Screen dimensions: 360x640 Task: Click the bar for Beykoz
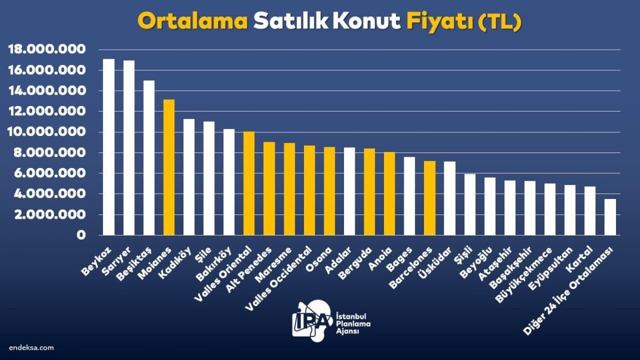pyautogui.click(x=109, y=147)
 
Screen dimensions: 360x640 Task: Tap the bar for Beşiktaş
pyautogui.click(x=149, y=157)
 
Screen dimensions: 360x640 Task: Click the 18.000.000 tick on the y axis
pyautogui.click(x=47, y=50)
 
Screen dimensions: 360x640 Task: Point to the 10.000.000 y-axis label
pyautogui.click(x=47, y=132)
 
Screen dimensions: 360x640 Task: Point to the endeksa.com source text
pyautogui.click(x=31, y=347)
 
